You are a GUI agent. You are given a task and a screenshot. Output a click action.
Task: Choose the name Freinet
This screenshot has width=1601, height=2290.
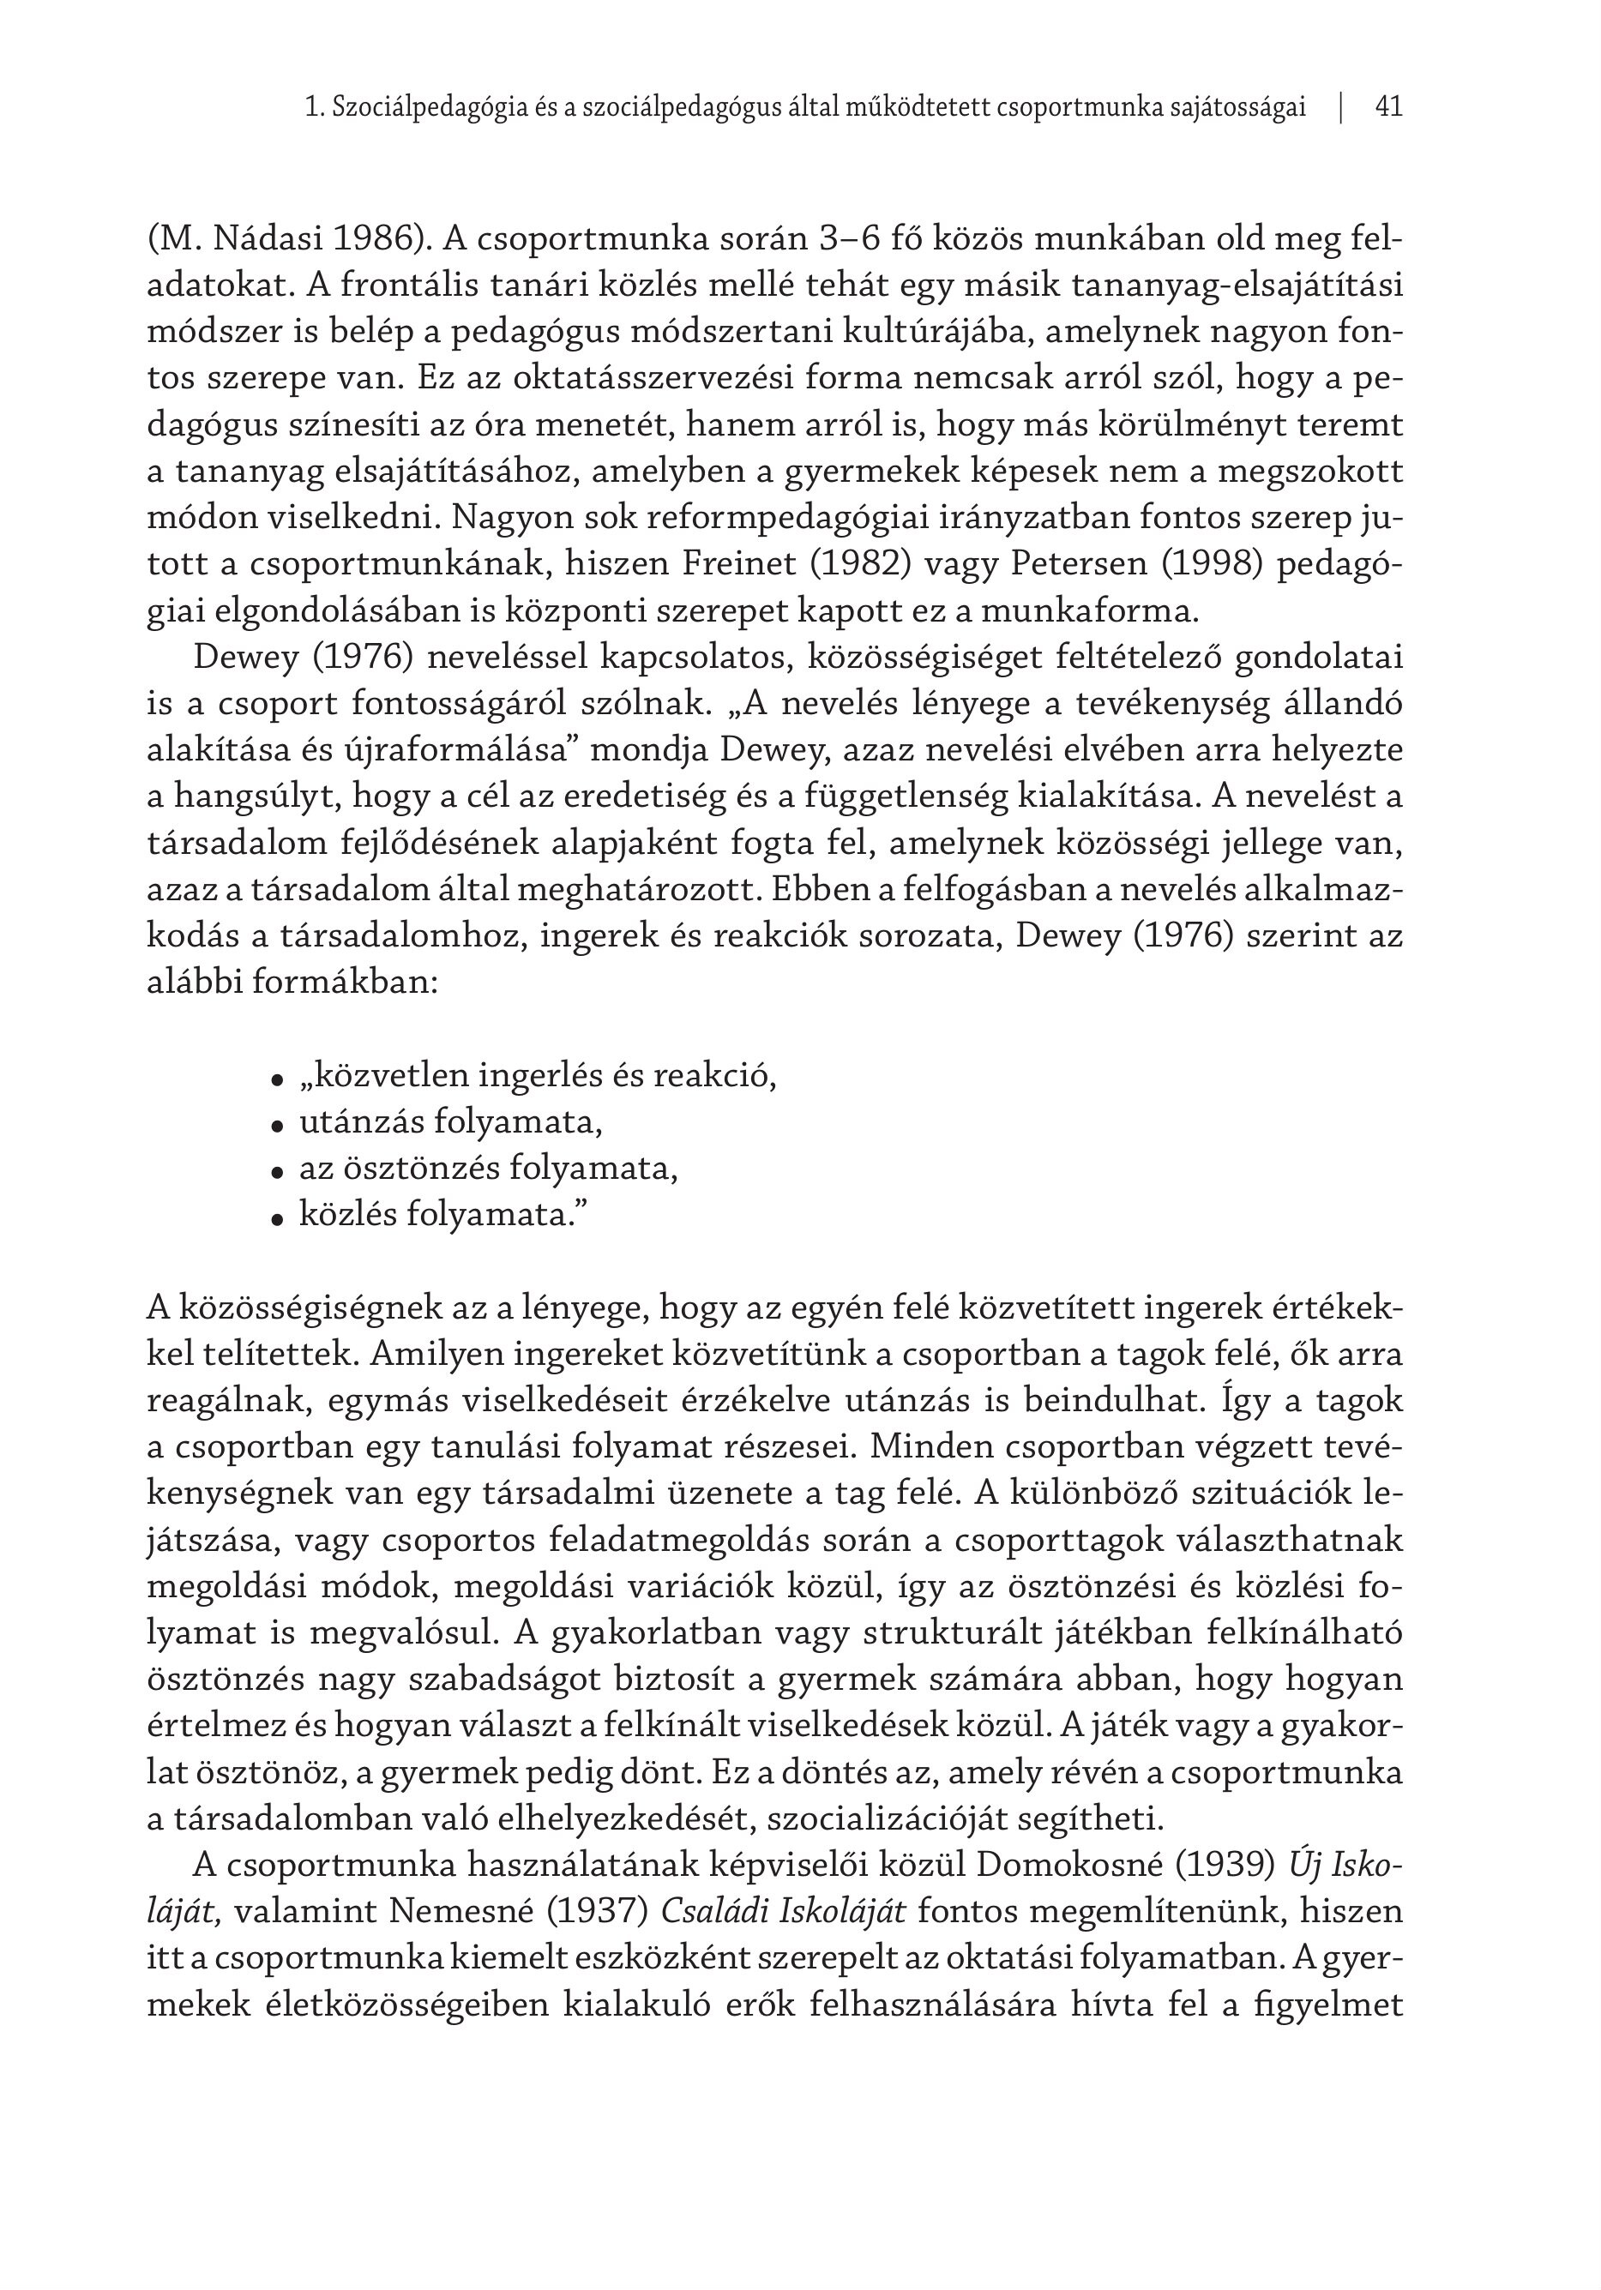tap(737, 564)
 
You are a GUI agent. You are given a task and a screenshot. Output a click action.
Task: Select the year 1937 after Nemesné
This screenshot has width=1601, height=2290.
tap(600, 1912)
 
